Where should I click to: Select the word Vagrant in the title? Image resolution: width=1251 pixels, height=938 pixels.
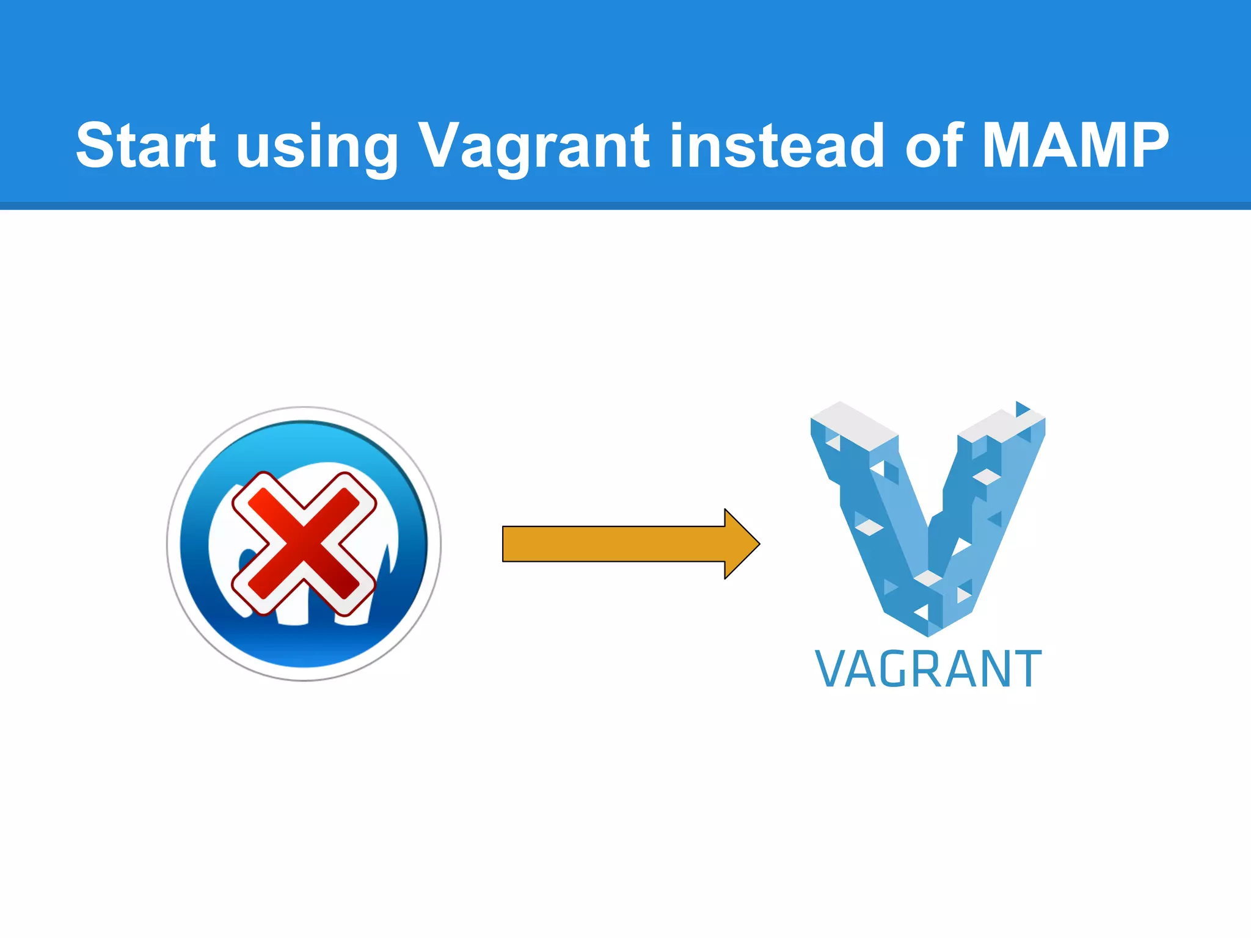pyautogui.click(x=533, y=147)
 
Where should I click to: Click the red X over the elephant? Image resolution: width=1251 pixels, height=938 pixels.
pyautogui.click(x=304, y=543)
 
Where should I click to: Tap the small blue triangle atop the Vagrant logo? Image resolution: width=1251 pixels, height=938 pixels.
pyautogui.click(x=1021, y=409)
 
